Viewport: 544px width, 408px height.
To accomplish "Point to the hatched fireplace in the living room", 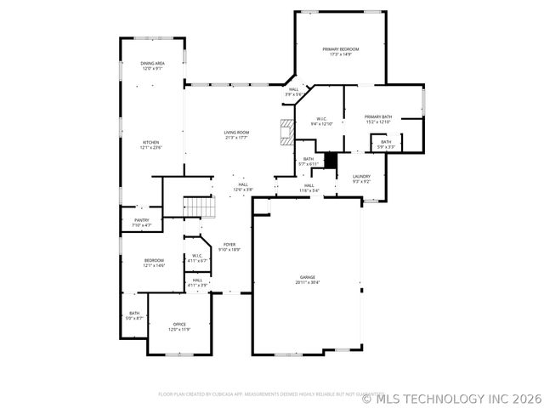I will (x=289, y=132).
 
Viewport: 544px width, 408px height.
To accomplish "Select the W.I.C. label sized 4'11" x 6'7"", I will (x=196, y=258).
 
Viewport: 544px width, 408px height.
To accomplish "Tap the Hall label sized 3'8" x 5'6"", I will (x=294, y=91).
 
